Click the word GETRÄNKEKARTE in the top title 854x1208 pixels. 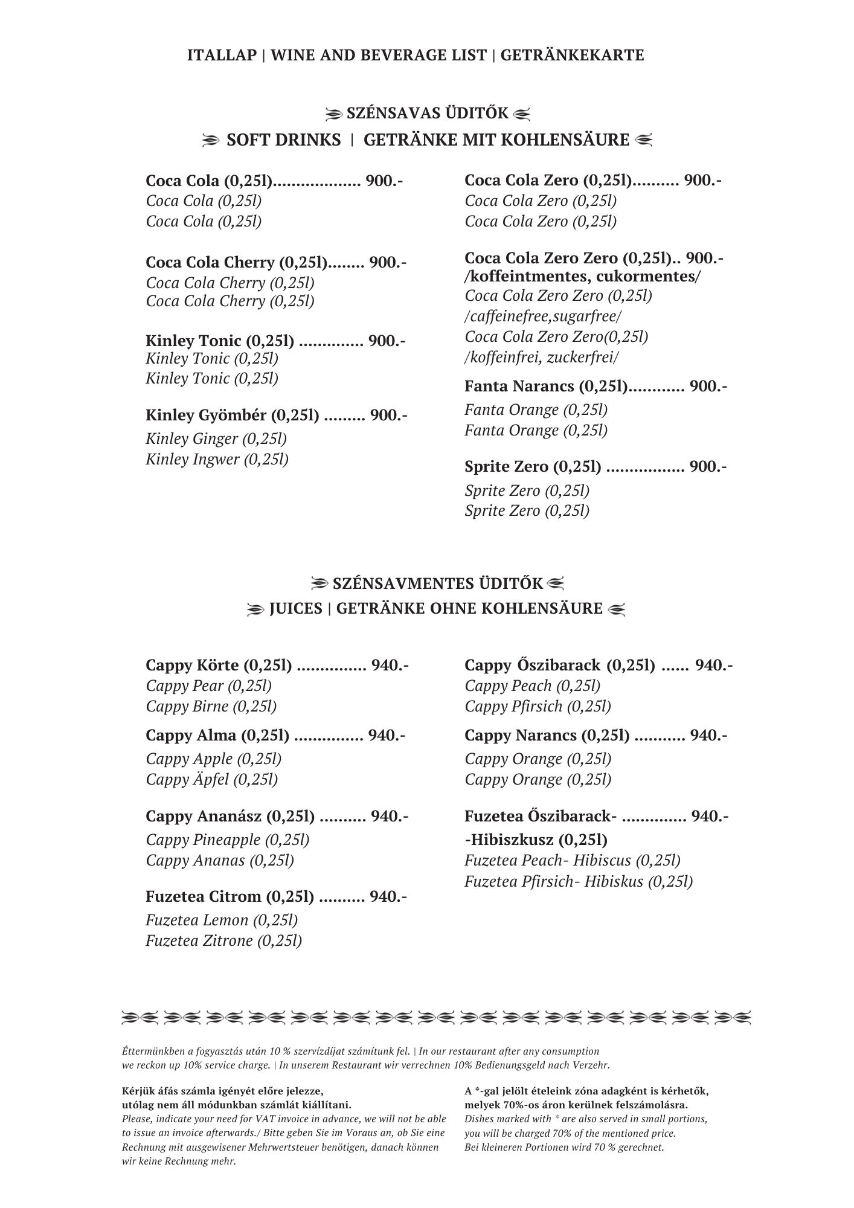coord(572,56)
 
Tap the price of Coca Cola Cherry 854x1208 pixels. coord(388,263)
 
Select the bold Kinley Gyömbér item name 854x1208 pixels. coord(233,416)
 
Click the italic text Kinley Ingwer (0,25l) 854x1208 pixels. coord(217,460)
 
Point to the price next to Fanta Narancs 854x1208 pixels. coord(708,386)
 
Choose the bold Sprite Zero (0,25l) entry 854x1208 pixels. coord(533,467)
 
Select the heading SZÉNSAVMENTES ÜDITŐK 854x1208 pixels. coord(437,584)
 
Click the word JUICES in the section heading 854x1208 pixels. coord(295,608)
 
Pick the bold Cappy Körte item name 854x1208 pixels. coord(219,666)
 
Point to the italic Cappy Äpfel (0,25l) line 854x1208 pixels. coord(211,780)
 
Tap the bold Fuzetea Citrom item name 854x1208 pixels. coord(230,897)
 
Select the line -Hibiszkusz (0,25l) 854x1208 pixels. coord(536,840)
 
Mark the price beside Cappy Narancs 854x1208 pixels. coord(708,736)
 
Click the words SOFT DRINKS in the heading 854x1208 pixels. coord(283,140)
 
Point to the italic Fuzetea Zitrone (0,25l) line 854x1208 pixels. coord(223,941)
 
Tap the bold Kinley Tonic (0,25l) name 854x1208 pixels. coord(220,341)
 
